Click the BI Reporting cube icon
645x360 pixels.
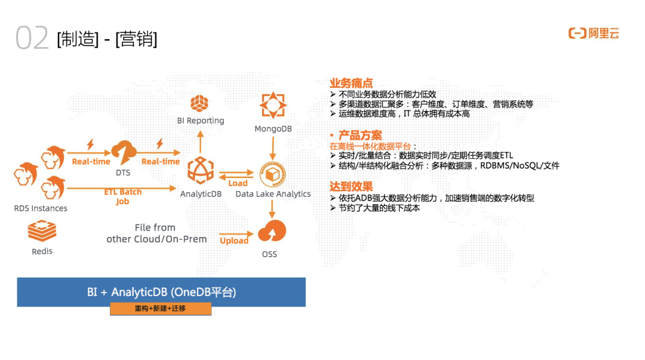[199, 103]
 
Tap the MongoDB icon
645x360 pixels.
[273, 106]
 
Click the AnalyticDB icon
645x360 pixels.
[200, 171]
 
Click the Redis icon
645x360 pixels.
[42, 231]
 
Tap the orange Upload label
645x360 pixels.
[234, 241]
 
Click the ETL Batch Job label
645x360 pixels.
[122, 196]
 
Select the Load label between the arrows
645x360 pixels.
[238, 183]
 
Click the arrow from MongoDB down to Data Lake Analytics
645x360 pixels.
[273, 146]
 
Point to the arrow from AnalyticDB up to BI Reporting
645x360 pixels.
[200, 141]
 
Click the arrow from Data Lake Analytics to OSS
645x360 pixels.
[272, 208]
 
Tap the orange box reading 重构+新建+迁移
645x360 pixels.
[161, 309]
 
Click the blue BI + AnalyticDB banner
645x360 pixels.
[161, 292]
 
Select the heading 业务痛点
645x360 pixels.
[351, 83]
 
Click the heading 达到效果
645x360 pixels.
[351, 187]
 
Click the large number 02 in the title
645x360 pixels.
[32, 38]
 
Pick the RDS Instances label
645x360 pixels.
[41, 208]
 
